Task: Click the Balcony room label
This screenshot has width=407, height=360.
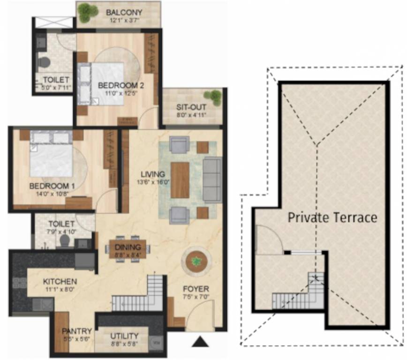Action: pos(124,12)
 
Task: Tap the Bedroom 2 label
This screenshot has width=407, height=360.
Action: pos(121,85)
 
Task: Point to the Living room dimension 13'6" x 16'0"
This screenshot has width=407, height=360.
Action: pos(152,182)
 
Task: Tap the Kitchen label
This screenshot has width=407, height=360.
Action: pos(60,282)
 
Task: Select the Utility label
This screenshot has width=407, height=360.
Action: pos(124,336)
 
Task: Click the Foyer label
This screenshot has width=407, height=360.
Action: pos(196,289)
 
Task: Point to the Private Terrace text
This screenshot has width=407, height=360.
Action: pos(332,217)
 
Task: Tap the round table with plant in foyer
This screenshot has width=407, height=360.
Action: pos(196,261)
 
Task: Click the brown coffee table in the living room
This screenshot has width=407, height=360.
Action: pos(180,180)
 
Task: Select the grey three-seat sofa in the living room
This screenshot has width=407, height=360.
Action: pos(212,180)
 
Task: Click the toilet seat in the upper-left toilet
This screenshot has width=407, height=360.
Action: pos(44,61)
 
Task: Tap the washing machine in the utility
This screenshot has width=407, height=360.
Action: pos(156,343)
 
